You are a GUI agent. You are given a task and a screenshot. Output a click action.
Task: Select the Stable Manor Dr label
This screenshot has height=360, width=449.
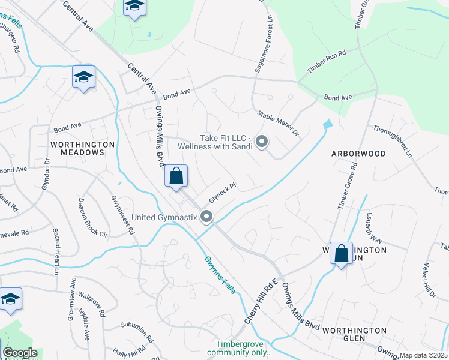click(x=277, y=123)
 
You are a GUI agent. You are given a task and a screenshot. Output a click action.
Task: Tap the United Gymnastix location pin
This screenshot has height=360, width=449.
click(x=207, y=217)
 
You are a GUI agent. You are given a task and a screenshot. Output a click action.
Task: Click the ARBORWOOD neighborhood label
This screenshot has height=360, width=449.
click(x=358, y=154)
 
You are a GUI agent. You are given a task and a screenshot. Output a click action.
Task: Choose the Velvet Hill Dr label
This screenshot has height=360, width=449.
click(x=428, y=280)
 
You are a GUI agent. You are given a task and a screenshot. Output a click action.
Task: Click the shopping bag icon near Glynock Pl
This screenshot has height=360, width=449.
click(x=176, y=176)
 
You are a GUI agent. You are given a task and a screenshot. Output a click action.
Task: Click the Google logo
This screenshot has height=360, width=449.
click(x=20, y=353)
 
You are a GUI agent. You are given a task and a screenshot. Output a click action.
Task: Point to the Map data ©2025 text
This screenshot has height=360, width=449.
click(x=423, y=355)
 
